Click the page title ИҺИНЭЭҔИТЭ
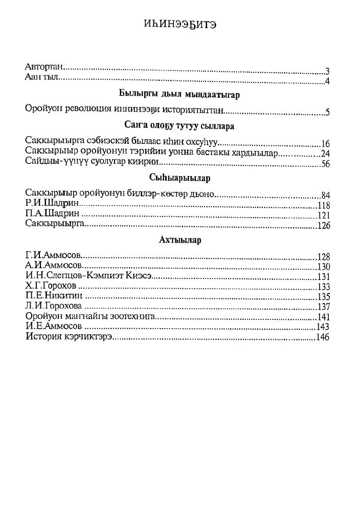point(180,25)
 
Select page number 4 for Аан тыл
point(327,81)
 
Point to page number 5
point(327,113)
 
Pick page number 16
point(325,144)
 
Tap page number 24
point(325,154)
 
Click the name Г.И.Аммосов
point(54,256)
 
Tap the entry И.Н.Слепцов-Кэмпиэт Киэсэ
point(89,276)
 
